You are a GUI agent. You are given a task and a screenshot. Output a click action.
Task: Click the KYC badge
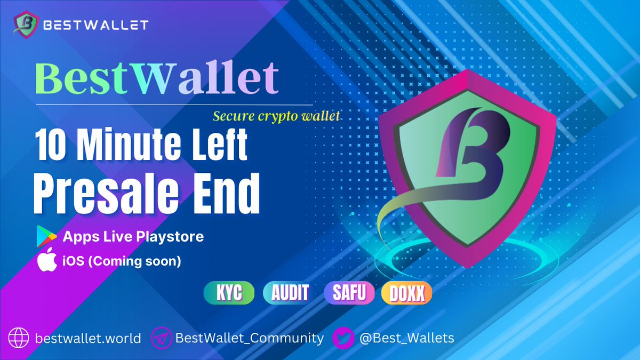[x=230, y=293]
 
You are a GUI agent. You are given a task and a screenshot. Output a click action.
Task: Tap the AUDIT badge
[x=290, y=293]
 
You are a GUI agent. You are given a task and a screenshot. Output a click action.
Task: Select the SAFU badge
[x=350, y=293]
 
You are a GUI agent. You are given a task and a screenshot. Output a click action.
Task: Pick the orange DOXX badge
[x=406, y=293]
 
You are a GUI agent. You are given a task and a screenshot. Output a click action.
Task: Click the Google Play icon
[x=47, y=236]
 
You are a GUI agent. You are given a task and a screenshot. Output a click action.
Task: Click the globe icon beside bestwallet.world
[x=19, y=338]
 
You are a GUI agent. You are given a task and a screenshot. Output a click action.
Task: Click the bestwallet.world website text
[x=88, y=338]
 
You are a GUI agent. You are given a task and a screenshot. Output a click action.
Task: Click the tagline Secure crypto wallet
[x=276, y=115]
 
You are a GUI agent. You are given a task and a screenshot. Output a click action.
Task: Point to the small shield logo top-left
[x=26, y=25]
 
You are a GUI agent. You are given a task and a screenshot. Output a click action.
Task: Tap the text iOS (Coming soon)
[x=122, y=262]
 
